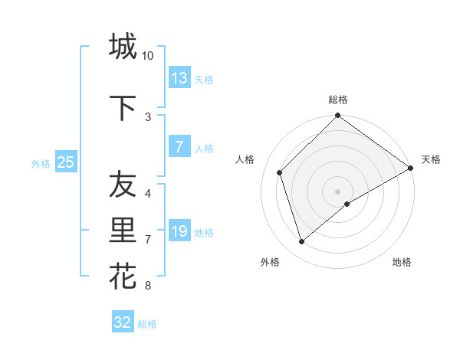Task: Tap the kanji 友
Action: [x=123, y=185]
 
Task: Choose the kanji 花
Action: [x=123, y=276]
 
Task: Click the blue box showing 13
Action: [x=179, y=78]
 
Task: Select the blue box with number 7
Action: [x=179, y=147]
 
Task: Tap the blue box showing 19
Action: [x=179, y=231]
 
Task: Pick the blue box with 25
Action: [x=65, y=162]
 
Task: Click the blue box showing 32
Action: [x=123, y=322]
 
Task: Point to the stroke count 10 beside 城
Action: [x=148, y=56]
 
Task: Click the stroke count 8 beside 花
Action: [x=147, y=286]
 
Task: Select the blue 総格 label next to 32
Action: [x=147, y=324]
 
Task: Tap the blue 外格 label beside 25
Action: [x=41, y=163]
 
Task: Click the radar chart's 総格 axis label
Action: [x=337, y=100]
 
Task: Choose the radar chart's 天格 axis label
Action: [x=431, y=159]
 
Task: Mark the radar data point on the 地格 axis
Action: [x=347, y=204]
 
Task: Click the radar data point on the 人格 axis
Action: [x=280, y=172]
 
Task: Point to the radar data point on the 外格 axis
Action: [x=301, y=241]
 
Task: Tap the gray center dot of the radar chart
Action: [x=337, y=191]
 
